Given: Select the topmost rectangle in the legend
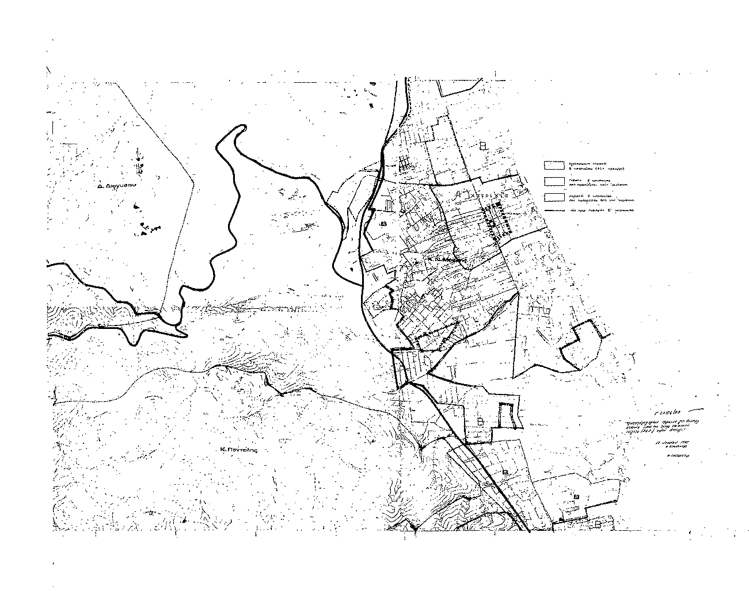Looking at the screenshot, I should point(554,166).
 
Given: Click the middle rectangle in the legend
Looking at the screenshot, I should point(554,181).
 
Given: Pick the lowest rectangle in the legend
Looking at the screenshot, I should point(554,197).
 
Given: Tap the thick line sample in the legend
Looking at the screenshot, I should point(554,210).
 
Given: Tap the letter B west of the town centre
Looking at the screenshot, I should point(383,222).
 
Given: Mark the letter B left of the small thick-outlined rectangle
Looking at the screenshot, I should point(480,421).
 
